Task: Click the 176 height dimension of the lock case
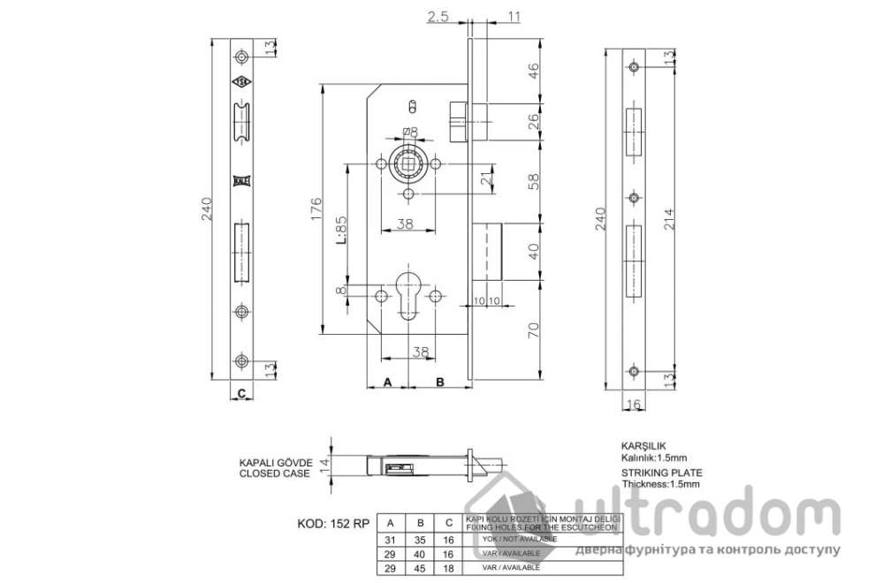tap(316, 211)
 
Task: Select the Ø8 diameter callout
tap(409, 132)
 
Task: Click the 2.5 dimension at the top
tap(437, 16)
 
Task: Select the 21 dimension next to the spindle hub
tap(485, 179)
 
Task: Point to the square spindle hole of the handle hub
tap(408, 163)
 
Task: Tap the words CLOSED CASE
tap(275, 474)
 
